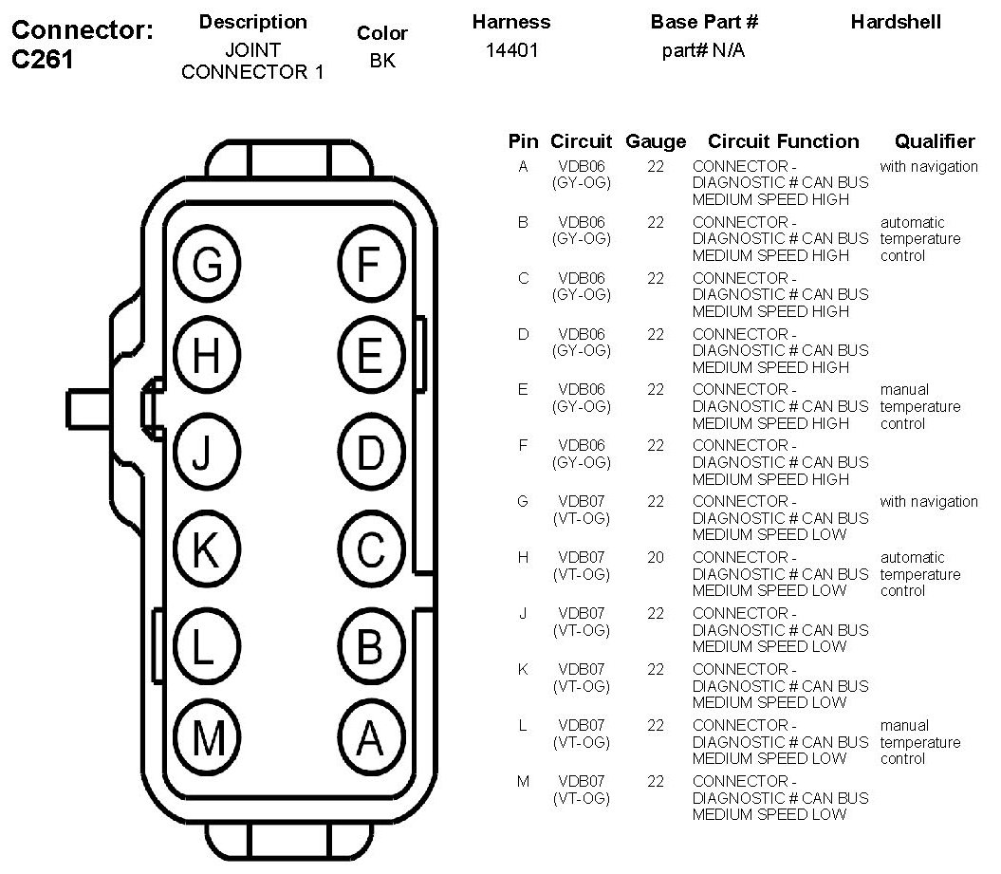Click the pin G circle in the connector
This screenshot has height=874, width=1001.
tap(207, 267)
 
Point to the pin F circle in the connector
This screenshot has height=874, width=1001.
tap(370, 267)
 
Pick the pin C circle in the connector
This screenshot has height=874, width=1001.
tap(370, 549)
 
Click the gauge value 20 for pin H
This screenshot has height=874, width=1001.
tap(656, 557)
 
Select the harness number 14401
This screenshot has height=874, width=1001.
tap(511, 51)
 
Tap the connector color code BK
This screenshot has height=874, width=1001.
tap(383, 61)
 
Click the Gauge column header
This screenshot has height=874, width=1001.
tap(656, 141)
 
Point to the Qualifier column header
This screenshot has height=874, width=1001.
tap(934, 141)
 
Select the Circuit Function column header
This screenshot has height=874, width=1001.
tap(784, 141)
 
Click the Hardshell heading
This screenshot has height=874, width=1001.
tap(896, 22)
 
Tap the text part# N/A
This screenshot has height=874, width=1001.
tap(703, 51)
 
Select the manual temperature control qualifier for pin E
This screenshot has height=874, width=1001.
tap(919, 406)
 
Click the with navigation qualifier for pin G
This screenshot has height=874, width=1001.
tap(928, 501)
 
